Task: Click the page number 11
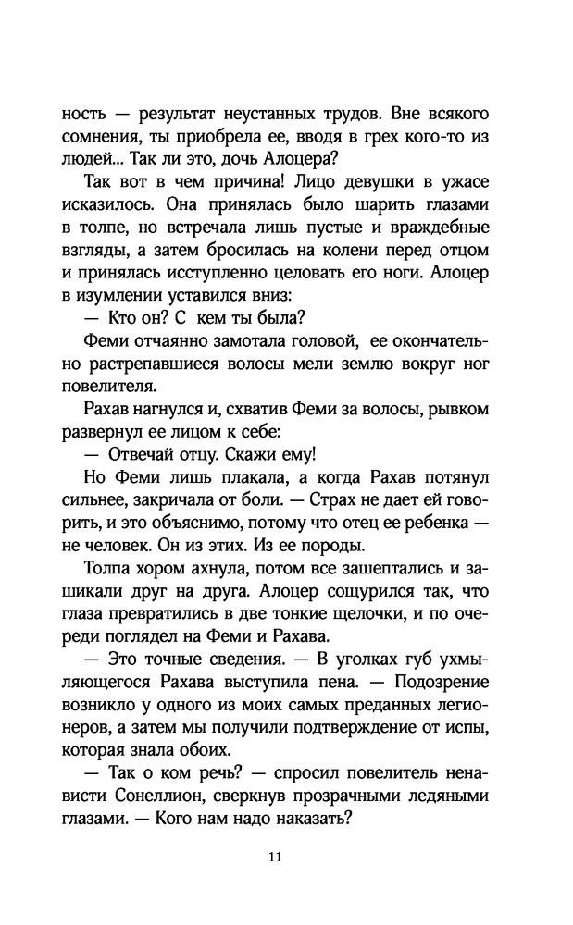point(274,856)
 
